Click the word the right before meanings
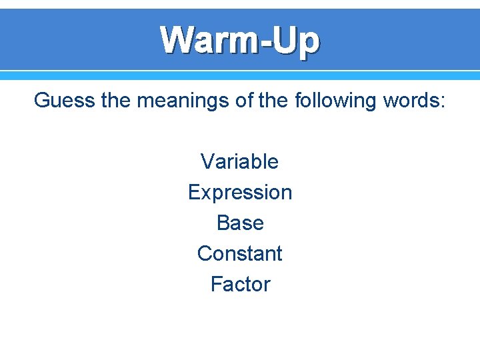coord(118,101)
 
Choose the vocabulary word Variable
coord(239,161)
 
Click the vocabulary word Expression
coord(239,193)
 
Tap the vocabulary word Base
coord(240,223)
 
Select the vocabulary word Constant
coord(239,253)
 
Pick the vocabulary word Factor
coord(240,284)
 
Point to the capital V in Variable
coord(207,161)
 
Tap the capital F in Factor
coord(216,284)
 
